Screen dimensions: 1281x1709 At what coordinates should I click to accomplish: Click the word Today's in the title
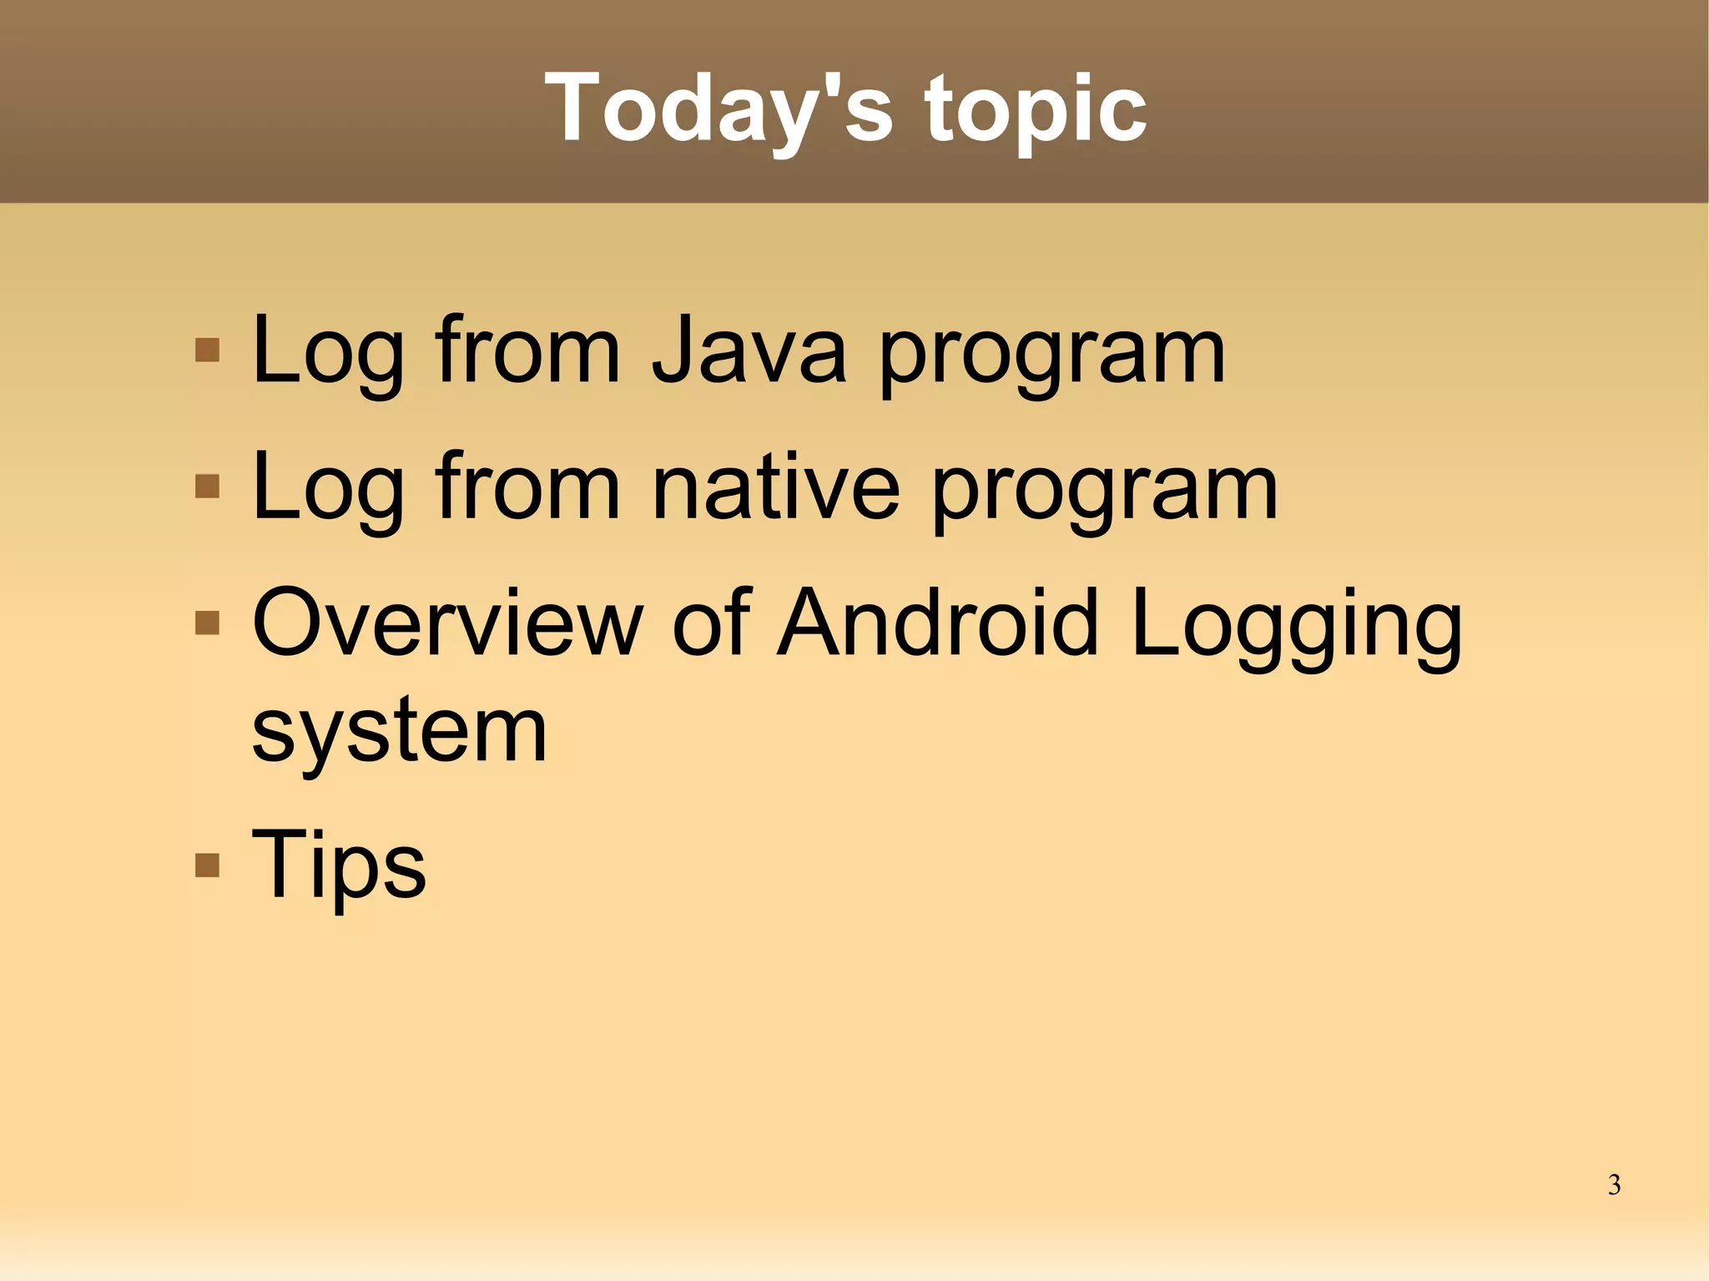(718, 108)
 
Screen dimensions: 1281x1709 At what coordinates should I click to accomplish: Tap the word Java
(749, 351)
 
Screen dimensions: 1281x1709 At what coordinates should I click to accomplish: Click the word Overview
(447, 623)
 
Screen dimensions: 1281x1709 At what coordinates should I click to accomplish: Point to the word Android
(937, 623)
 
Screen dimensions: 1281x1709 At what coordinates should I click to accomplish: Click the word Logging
(1298, 626)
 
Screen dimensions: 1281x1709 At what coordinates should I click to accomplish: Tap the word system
(399, 731)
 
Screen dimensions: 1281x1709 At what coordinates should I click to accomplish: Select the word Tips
(339, 865)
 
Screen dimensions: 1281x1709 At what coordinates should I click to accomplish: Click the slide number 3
(1614, 1185)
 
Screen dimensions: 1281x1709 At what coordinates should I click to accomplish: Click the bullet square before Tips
(207, 865)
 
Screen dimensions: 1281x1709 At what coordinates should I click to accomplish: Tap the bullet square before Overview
(207, 623)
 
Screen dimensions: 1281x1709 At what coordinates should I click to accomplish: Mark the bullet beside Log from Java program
(207, 350)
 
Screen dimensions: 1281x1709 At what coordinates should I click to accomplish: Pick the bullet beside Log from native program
(207, 486)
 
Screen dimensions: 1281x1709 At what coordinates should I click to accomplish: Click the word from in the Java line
(527, 351)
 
